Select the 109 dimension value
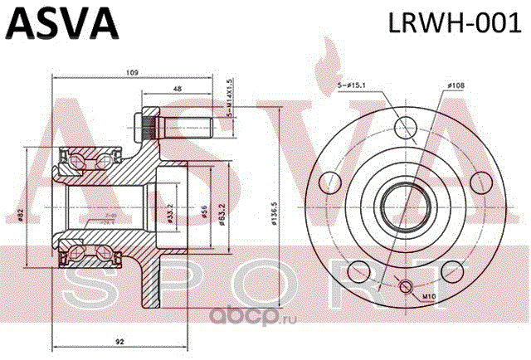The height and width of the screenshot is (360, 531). click(132, 74)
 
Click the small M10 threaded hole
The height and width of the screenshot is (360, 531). click(407, 286)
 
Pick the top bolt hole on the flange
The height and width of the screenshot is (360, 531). click(405, 127)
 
